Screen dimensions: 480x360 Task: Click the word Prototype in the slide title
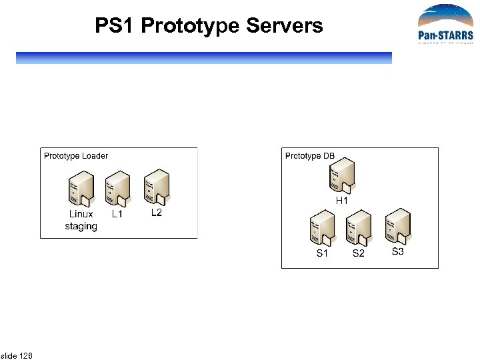[x=191, y=26]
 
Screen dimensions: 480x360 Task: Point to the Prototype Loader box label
[x=76, y=156]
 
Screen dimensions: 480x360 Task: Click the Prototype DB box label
[x=310, y=156]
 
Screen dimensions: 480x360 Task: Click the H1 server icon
[x=342, y=174]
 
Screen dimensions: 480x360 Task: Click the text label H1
[x=342, y=200]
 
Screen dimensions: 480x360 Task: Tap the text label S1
[x=322, y=254]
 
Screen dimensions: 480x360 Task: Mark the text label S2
[x=359, y=254]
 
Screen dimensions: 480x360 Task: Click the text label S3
[x=397, y=251]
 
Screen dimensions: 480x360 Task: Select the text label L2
[x=156, y=213]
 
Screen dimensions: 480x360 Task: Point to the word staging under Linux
[x=81, y=227]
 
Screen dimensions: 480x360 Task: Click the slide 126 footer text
[x=17, y=355]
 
